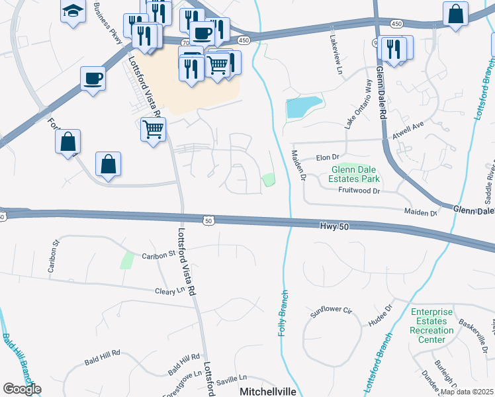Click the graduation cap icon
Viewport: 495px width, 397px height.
pos(72,11)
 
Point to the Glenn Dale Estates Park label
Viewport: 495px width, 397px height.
pos(355,174)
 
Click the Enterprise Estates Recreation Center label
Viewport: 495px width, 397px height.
pos(431,326)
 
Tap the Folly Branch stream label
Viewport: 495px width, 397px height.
pos(283,312)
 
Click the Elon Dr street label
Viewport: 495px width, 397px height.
pos(328,157)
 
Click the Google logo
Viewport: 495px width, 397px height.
pos(22,389)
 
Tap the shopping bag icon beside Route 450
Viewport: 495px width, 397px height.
pos(456,15)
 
